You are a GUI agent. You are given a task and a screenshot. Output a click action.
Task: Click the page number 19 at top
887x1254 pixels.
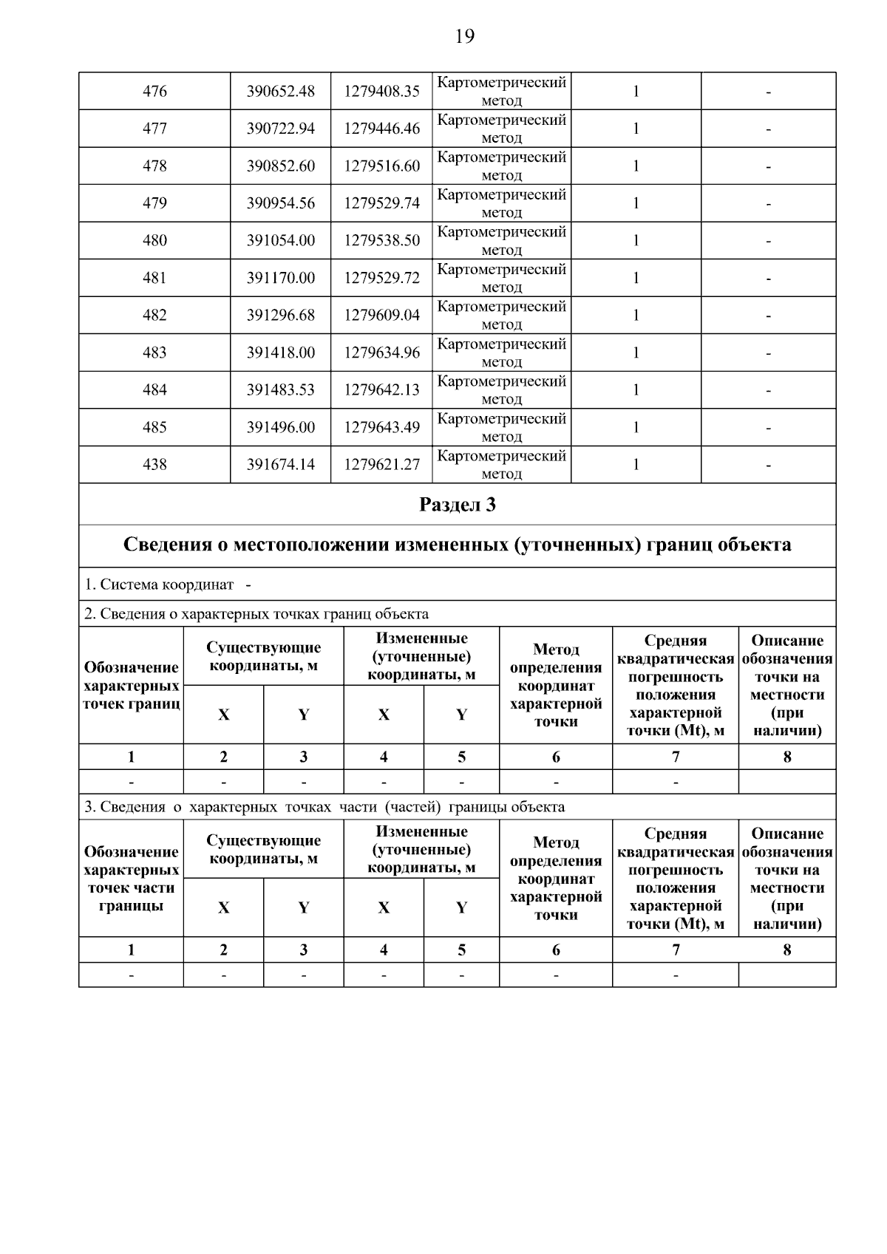[x=464, y=36]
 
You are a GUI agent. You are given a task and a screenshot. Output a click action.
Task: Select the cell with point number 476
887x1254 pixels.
[x=154, y=92]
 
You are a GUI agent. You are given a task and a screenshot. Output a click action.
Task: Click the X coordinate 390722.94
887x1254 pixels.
[x=280, y=129]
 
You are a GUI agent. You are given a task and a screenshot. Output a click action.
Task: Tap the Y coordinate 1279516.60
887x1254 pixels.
[x=381, y=166]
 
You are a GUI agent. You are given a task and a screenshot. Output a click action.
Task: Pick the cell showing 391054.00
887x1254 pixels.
[x=280, y=241]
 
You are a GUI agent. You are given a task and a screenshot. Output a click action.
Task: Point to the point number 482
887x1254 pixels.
[x=154, y=316]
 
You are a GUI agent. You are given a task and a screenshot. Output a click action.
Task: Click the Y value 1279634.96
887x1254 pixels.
[x=381, y=352]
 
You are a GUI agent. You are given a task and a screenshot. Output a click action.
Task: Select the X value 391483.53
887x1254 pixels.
[x=280, y=390]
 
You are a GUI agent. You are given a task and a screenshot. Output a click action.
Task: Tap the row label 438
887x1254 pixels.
[x=154, y=465]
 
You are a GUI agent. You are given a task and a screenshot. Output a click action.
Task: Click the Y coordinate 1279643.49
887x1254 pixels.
[x=381, y=427]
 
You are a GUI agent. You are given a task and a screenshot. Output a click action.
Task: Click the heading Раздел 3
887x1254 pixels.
[x=457, y=505]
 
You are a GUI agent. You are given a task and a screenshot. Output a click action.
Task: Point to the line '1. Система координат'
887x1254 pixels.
[x=159, y=585]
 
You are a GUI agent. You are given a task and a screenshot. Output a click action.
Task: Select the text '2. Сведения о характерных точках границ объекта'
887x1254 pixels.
[x=256, y=614]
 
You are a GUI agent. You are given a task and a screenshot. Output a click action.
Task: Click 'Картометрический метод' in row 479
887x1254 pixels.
[x=501, y=203]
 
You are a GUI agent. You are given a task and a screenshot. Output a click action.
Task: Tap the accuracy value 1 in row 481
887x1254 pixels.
[x=636, y=278]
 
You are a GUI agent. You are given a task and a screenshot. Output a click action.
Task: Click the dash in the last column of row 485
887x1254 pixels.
[x=768, y=428]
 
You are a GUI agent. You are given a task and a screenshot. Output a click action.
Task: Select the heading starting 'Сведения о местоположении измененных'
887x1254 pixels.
[x=457, y=545]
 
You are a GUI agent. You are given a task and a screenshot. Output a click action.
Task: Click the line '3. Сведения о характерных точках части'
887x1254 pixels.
[x=324, y=807]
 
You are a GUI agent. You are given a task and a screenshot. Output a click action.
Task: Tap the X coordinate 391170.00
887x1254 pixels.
[x=280, y=278]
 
